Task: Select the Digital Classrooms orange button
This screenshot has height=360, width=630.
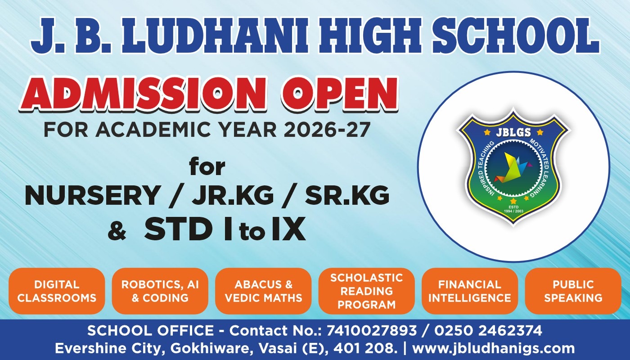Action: click(57, 291)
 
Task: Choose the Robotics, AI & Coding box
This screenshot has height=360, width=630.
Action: click(160, 291)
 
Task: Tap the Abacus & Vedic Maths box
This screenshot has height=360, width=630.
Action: click(263, 291)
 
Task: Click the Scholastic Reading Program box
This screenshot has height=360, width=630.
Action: click(366, 291)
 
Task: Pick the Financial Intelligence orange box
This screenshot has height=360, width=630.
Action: click(469, 291)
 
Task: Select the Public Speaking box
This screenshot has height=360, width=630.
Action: click(573, 291)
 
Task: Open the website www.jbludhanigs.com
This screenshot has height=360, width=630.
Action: click(493, 348)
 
